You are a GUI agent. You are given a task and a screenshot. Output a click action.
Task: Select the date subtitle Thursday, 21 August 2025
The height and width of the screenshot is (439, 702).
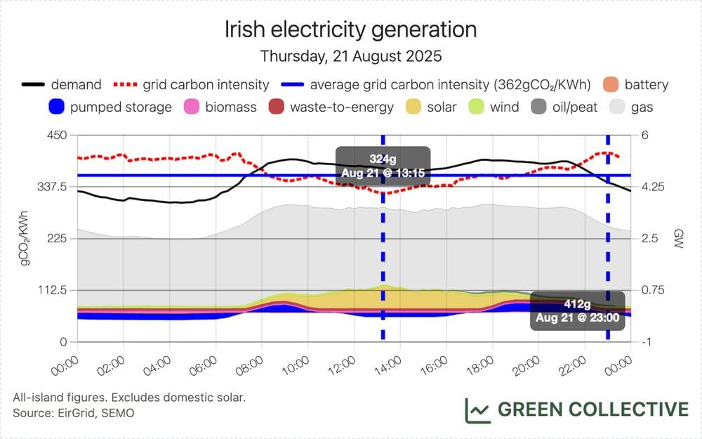coord(350,55)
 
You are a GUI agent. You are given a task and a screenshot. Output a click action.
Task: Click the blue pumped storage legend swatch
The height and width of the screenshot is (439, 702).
coord(57,107)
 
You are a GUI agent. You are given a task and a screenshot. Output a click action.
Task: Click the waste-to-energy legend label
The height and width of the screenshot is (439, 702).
coord(341,107)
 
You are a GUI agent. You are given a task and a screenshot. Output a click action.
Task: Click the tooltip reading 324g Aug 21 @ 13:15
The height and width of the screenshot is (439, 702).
coord(383,166)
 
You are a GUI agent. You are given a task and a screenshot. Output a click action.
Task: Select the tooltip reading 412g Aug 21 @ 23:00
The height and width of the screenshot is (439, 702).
coord(578,310)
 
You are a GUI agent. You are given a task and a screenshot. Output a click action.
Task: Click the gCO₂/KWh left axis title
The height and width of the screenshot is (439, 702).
coord(25,239)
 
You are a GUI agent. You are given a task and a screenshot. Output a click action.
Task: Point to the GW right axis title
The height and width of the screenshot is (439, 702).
coord(678,239)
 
